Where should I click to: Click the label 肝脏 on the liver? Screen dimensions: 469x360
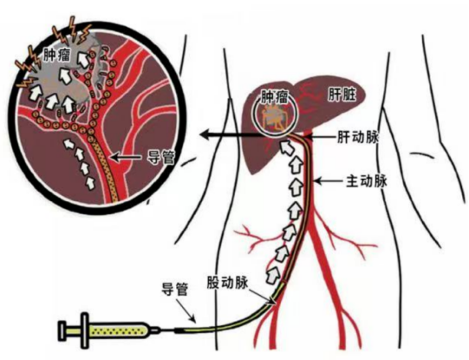(x=342, y=95)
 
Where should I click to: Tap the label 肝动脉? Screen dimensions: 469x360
(x=358, y=137)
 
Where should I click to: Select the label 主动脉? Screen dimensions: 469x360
(x=367, y=181)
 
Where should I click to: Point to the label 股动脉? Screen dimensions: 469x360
(x=228, y=283)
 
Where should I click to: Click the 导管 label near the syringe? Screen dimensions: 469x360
(x=174, y=289)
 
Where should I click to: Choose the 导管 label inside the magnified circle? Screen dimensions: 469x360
(x=161, y=157)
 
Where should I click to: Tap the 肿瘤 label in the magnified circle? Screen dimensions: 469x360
(x=57, y=54)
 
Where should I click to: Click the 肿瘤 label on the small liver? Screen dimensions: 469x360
(x=274, y=96)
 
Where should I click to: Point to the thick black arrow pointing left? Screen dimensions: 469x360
(x=230, y=134)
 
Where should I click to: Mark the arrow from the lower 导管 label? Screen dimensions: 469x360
(x=186, y=311)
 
